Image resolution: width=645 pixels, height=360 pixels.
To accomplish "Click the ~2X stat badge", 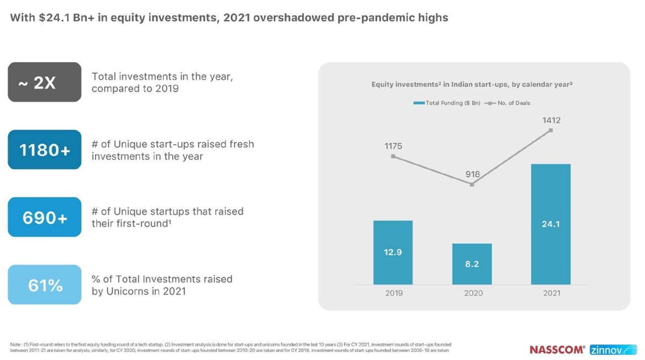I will (45, 82).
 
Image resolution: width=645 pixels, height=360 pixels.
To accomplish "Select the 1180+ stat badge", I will (45, 150).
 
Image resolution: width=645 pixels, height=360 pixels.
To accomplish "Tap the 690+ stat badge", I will (45, 217).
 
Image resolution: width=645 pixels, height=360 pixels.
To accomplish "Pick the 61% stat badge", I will (45, 285).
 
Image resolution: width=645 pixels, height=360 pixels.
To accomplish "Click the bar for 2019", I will (393, 253).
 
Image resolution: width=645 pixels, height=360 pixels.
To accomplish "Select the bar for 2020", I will (472, 264).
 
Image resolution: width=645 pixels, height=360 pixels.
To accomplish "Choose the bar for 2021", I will (550, 224).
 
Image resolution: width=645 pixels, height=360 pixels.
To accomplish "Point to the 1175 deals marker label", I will (393, 146).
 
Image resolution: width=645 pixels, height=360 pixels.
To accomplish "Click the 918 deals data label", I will (472, 174).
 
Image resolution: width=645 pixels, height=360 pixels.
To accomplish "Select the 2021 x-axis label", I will (551, 293).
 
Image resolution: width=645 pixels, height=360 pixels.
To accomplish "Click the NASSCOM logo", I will (557, 349).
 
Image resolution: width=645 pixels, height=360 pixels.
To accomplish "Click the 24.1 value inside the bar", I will (551, 224).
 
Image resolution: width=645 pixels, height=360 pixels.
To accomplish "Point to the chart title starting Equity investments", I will (475, 85).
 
